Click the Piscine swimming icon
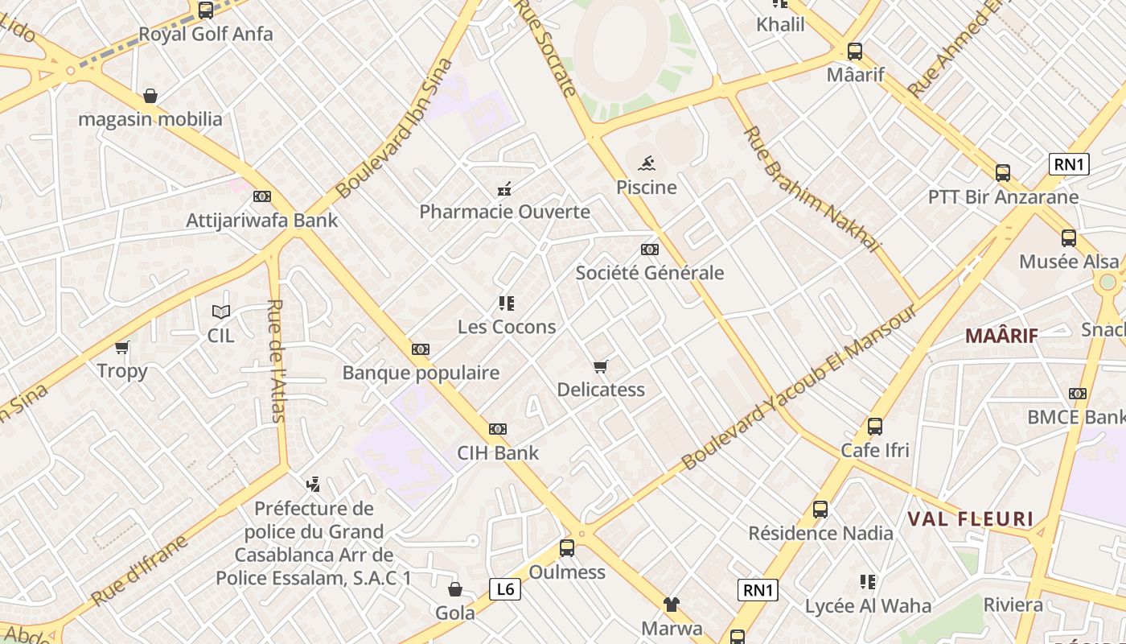647,164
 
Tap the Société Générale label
649,273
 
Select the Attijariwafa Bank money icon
262,196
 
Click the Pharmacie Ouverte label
504,213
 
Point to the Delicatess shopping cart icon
600,367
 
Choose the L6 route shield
504,589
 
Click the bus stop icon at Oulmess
567,548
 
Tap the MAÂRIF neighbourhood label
1001,336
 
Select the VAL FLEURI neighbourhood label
970,519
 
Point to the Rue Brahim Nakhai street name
812,190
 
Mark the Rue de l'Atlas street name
277,361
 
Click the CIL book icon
220,312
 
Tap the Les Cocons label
506,327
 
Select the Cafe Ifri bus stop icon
875,427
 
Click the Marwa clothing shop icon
672,605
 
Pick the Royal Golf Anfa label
206,35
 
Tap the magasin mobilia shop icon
150,97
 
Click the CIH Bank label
498,453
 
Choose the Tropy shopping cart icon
122,348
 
